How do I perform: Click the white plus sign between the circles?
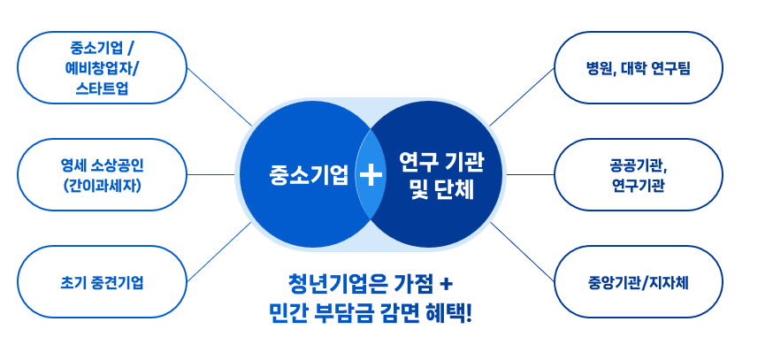pyautogui.click(x=371, y=174)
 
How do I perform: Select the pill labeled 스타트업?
pyautogui.click(x=102, y=67)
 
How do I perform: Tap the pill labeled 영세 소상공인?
pyautogui.click(x=102, y=174)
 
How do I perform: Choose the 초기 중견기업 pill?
pyautogui.click(x=102, y=282)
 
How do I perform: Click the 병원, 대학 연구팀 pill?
pyautogui.click(x=639, y=67)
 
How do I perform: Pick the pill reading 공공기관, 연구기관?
pyautogui.click(x=639, y=174)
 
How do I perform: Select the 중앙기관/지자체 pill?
pyautogui.click(x=639, y=282)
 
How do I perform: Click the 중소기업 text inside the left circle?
pyautogui.click(x=309, y=175)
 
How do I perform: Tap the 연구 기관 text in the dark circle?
pyautogui.click(x=441, y=162)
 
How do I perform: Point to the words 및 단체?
pyautogui.click(x=441, y=189)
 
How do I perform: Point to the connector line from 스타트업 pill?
pyautogui.click(x=219, y=96)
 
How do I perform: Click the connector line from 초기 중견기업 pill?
pyautogui.click(x=219, y=252)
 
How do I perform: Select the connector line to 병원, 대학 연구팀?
pyautogui.click(x=522, y=96)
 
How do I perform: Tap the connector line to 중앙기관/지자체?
pyautogui.click(x=522, y=252)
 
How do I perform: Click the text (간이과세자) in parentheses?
pyautogui.click(x=103, y=186)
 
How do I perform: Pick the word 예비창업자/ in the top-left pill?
pyautogui.click(x=103, y=68)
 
